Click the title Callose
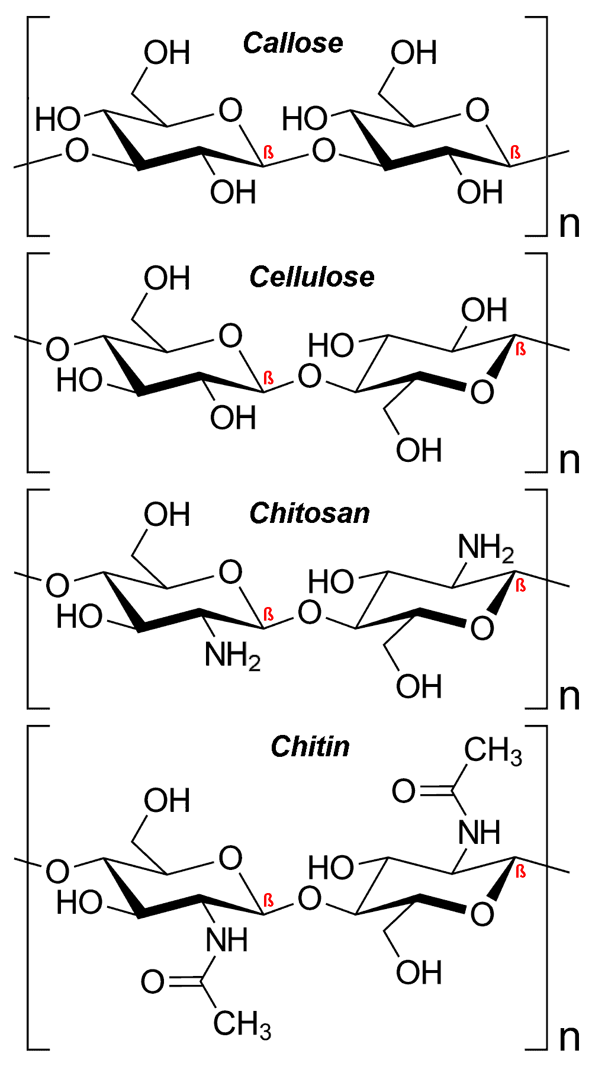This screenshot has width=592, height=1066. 293,43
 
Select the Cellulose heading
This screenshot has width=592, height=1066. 312,277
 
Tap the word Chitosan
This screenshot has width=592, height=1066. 310,513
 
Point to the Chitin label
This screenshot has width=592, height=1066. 310,747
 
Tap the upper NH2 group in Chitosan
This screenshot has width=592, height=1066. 485,548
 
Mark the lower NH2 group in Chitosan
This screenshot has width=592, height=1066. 232,656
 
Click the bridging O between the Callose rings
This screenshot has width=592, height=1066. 323,150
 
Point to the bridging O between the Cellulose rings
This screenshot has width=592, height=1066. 309,376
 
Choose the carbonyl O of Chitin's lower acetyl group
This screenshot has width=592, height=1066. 153,982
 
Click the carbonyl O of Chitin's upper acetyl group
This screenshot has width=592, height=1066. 404,791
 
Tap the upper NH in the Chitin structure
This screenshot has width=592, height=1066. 480,833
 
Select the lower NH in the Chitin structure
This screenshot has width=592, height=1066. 227,940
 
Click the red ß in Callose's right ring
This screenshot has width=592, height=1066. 515,152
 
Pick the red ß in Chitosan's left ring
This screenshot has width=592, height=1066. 268,614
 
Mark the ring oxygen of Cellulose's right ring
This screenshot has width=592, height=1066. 482,391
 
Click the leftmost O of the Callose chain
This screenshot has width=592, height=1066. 77,150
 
